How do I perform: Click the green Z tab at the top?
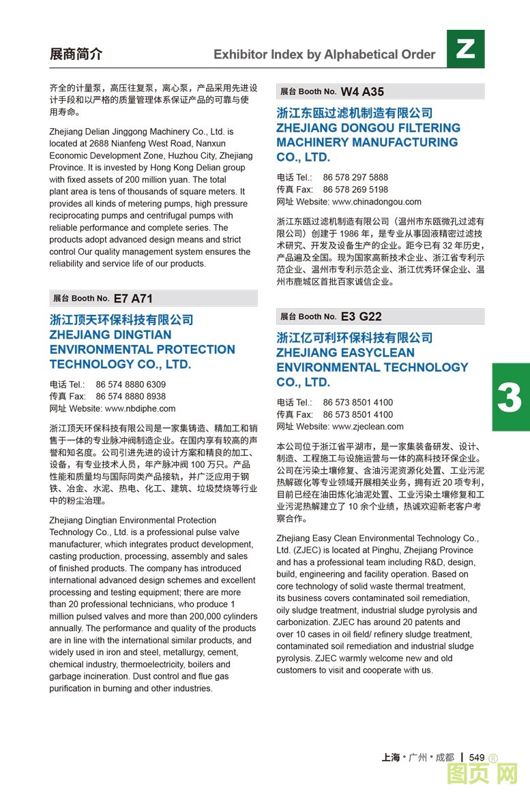tap(465, 48)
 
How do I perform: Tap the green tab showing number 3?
tap(510, 397)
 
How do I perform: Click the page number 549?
tap(477, 757)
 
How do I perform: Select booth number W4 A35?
tap(362, 91)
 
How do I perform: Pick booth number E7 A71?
tap(133, 299)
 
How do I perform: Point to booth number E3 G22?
tap(361, 316)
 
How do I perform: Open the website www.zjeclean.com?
tap(368, 427)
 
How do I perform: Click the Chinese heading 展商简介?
tap(76, 55)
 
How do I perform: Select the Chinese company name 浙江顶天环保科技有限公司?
tap(121, 320)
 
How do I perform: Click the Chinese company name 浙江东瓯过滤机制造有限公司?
tap(355, 113)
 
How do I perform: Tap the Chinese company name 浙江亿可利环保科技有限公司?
tap(355, 337)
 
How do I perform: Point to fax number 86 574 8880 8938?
tap(130, 397)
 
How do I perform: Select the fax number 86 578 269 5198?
tap(355, 189)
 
